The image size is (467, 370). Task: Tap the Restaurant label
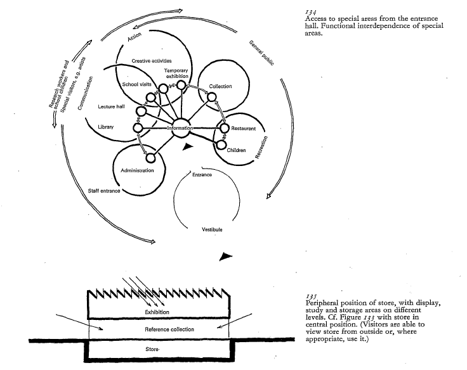click(244, 128)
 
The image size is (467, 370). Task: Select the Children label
click(236, 150)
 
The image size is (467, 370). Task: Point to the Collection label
click(220, 86)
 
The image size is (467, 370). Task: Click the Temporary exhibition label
click(177, 73)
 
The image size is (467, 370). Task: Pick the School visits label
click(135, 84)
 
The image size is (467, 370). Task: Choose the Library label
click(105, 127)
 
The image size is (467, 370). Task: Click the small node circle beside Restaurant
click(224, 128)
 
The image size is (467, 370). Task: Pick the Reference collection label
click(169, 329)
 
